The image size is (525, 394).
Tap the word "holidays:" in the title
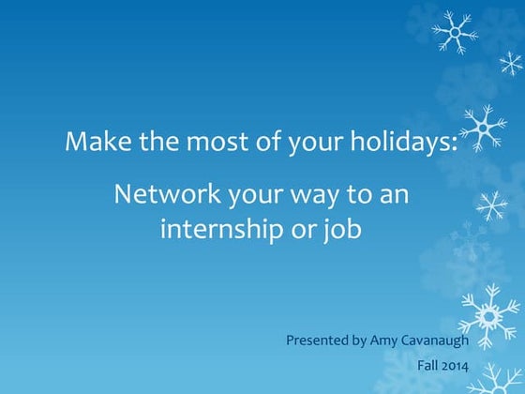(x=407, y=144)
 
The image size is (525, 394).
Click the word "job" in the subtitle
(x=345, y=228)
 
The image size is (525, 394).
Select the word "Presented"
(x=318, y=340)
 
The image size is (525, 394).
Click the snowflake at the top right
(x=455, y=32)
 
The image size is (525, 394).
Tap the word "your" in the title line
(x=321, y=144)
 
